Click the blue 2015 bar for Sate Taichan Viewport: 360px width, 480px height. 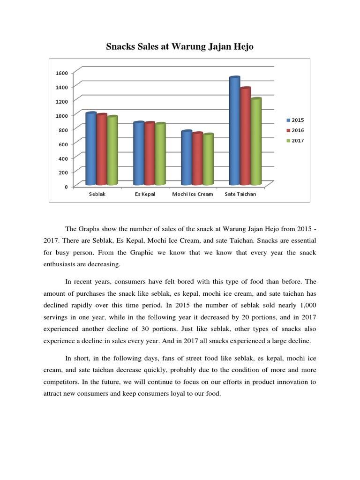coord(234,131)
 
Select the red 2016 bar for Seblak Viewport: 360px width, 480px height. coord(102,150)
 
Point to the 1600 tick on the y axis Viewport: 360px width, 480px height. coord(62,73)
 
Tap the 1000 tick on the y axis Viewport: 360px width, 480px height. coord(62,115)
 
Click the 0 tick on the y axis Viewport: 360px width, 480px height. coord(66,187)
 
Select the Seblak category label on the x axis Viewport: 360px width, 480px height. coord(97,194)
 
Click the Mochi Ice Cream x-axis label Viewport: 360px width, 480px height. coord(193,194)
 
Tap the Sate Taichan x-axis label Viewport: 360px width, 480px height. coord(240,194)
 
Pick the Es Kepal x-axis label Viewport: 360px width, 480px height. coord(145,194)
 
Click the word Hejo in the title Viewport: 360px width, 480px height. coord(241,46)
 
